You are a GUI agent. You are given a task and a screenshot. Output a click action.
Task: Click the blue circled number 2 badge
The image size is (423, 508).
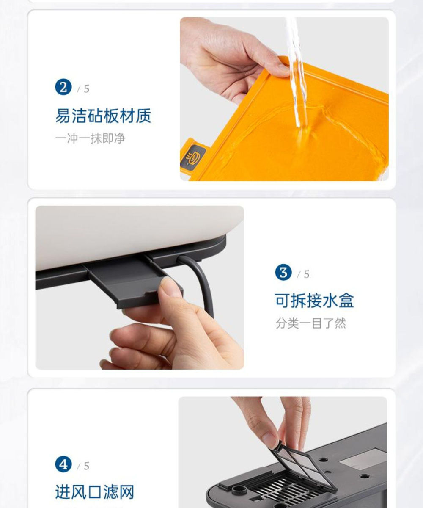click(63, 87)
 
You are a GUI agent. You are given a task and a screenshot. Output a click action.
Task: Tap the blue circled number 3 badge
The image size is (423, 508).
click(283, 272)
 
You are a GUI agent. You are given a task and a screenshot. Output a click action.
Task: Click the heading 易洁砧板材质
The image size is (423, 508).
click(103, 116)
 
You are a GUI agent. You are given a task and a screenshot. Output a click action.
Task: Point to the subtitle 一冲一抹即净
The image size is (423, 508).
click(90, 139)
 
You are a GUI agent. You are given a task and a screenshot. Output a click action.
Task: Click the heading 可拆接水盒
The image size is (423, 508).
click(314, 301)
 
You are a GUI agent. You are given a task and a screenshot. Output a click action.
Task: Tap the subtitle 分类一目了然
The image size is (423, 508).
click(310, 323)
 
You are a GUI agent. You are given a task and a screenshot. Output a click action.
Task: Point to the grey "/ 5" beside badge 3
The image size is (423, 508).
click(303, 274)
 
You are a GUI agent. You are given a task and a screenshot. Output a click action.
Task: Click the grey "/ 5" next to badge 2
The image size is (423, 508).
click(83, 89)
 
